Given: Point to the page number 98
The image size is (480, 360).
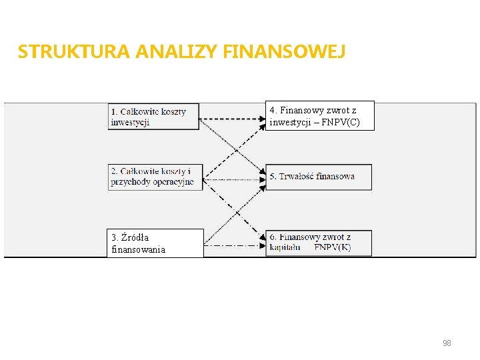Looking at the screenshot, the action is pyautogui.click(x=447, y=343).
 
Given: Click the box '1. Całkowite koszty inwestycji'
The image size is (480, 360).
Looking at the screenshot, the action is pyautogui.click(x=155, y=117).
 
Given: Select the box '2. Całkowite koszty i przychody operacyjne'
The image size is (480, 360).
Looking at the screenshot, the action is pyautogui.click(x=155, y=177).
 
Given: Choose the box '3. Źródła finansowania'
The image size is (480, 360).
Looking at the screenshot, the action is pyautogui.click(x=156, y=243).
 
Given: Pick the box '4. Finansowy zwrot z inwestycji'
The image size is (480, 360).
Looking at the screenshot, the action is pyautogui.click(x=320, y=116).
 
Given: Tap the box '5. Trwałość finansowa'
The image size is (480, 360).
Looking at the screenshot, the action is pyautogui.click(x=319, y=177).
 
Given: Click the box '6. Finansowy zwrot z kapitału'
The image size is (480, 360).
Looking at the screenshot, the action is pyautogui.click(x=319, y=243).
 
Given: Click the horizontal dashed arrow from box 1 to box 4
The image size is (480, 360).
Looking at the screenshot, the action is pyautogui.click(x=233, y=119).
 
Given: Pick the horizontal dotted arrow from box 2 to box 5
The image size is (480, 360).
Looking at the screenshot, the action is pyautogui.click(x=233, y=179).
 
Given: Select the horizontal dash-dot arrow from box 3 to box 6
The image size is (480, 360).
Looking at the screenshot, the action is pyautogui.click(x=233, y=246).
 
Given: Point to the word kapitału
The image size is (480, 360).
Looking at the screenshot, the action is pyautogui.click(x=285, y=248).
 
